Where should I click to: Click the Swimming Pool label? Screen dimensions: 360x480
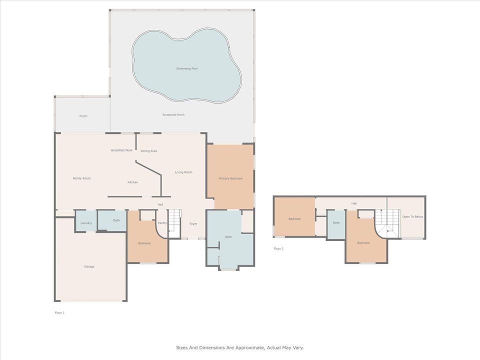pyautogui.click(x=186, y=68)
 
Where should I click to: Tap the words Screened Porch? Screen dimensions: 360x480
pyautogui.click(x=173, y=115)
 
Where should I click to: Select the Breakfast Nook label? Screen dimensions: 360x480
pyautogui.click(x=121, y=150)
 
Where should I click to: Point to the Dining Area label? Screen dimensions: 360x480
pyautogui.click(x=149, y=151)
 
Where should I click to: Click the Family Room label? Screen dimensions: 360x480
pyautogui.click(x=81, y=178)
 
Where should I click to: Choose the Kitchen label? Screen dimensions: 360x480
pyautogui.click(x=132, y=182)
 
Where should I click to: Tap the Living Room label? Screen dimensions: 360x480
pyautogui.click(x=183, y=172)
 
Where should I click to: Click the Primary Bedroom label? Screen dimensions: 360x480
pyautogui.click(x=230, y=178)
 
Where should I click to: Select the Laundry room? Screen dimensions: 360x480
pyautogui.click(x=86, y=222)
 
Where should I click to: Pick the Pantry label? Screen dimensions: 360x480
pyautogui.click(x=162, y=223)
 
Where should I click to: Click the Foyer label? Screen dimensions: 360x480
pyautogui.click(x=193, y=223)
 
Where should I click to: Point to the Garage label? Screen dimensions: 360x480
pyautogui.click(x=89, y=266)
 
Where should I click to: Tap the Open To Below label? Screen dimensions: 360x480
pyautogui.click(x=412, y=217)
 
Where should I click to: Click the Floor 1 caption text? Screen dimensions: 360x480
pyautogui.click(x=59, y=312)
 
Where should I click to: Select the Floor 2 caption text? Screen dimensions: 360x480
pyautogui.click(x=278, y=248)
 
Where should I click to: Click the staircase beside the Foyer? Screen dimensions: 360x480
pyautogui.click(x=173, y=220)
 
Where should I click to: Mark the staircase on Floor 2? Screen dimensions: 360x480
pyautogui.click(x=388, y=223)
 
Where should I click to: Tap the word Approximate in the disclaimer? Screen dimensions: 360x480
pyautogui.click(x=244, y=347)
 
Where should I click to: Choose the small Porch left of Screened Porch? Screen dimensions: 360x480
pyautogui.click(x=83, y=116)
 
